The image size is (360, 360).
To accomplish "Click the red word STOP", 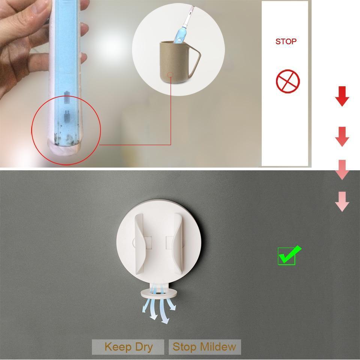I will [x=286, y=42].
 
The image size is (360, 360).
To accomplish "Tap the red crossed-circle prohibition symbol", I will [x=288, y=82].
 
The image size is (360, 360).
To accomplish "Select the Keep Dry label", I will [x=128, y=347].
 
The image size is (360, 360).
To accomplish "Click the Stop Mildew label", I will [x=204, y=347].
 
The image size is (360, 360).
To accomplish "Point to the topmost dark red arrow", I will [x=342, y=96].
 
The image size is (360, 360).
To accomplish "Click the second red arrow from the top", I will [x=342, y=136].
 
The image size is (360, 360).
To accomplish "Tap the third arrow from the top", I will [x=342, y=169].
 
